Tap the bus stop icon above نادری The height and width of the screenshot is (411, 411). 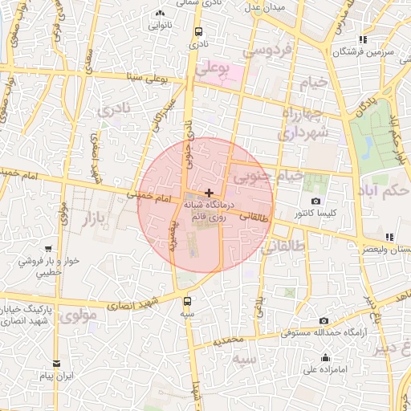(197, 32)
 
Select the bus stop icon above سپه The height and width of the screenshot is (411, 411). (188, 301)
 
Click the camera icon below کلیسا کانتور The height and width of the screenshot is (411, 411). (315, 201)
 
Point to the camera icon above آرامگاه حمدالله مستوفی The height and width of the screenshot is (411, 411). (324, 321)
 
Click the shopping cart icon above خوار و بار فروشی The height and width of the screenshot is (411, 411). (50, 249)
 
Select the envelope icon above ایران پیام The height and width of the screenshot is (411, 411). (55, 364)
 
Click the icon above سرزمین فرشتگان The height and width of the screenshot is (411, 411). (363, 39)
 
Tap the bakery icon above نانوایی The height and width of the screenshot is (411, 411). (160, 14)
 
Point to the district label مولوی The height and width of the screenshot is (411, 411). (83, 315)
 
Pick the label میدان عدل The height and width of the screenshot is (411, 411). (267, 7)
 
